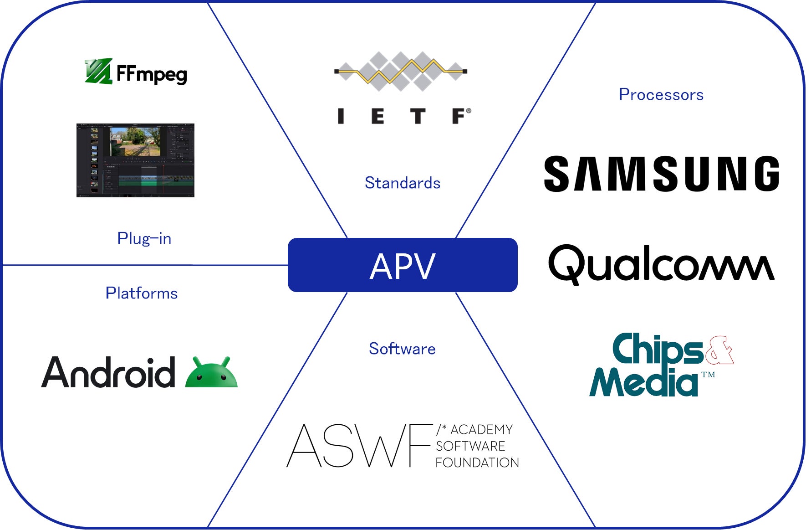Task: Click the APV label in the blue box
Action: (403, 266)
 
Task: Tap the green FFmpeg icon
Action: (98, 72)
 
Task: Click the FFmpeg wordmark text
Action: (152, 74)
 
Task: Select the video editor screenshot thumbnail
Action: (135, 160)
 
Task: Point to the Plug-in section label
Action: (144, 238)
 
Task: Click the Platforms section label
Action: (142, 293)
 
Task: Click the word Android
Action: (108, 373)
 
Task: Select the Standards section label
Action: (403, 183)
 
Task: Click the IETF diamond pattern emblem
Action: (401, 71)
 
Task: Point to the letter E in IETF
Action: (377, 116)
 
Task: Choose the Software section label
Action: (402, 349)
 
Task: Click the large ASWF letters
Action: (359, 446)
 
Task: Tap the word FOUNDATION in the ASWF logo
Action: (477, 463)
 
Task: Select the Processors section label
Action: (661, 94)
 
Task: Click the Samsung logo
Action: (661, 174)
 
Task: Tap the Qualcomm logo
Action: (661, 264)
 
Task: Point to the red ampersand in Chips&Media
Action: (719, 350)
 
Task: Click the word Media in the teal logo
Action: (643, 382)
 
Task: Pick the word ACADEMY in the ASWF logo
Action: (481, 429)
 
